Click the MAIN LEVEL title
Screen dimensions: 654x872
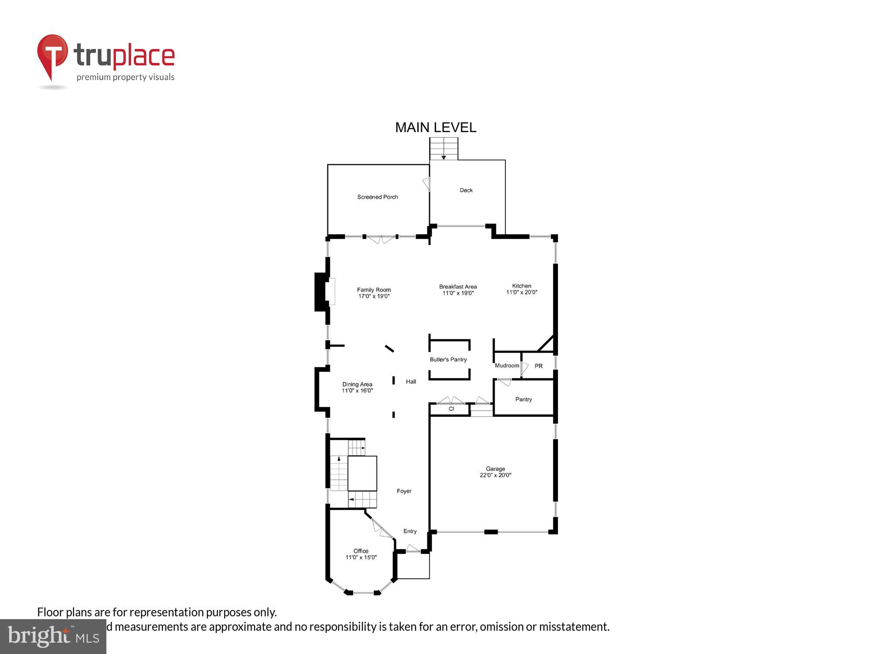[x=436, y=127]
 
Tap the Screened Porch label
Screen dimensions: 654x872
[x=378, y=197]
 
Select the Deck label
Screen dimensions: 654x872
[x=466, y=190]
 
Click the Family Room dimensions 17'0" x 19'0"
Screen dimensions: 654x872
[x=374, y=296]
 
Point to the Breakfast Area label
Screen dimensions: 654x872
[x=458, y=286]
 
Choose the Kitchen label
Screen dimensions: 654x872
[x=521, y=286]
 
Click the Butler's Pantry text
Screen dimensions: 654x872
[x=448, y=360]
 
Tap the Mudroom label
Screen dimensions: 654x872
[x=507, y=366]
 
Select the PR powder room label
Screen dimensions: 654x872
[x=538, y=366]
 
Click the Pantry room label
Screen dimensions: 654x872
[x=523, y=399]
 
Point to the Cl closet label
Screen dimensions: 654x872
[x=451, y=409]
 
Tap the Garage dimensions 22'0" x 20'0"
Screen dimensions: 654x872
[x=495, y=475]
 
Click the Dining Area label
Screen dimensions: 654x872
[x=357, y=384]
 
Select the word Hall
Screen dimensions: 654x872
[x=411, y=381]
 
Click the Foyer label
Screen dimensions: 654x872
[x=404, y=491]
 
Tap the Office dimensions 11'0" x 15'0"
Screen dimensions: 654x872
[x=361, y=557]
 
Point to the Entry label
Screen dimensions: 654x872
[x=410, y=531]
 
